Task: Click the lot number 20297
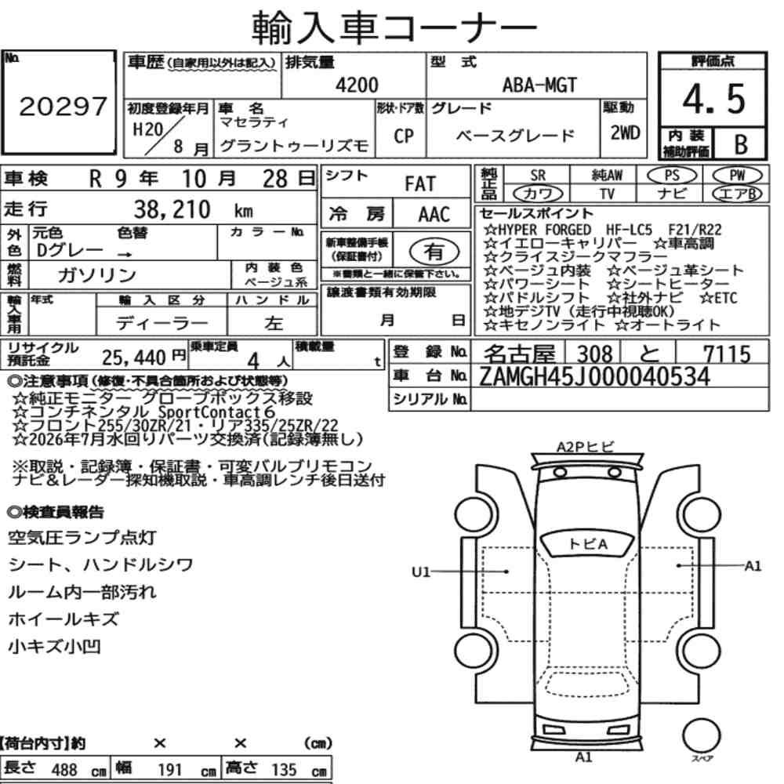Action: click(63, 106)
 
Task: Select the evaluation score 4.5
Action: click(713, 99)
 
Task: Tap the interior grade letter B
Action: click(741, 144)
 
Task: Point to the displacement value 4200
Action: click(357, 85)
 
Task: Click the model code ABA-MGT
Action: click(539, 85)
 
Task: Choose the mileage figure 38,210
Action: click(172, 209)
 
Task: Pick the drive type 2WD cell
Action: click(625, 132)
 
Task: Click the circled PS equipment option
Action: click(672, 176)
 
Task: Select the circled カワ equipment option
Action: click(538, 194)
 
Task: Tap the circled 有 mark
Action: click(434, 252)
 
